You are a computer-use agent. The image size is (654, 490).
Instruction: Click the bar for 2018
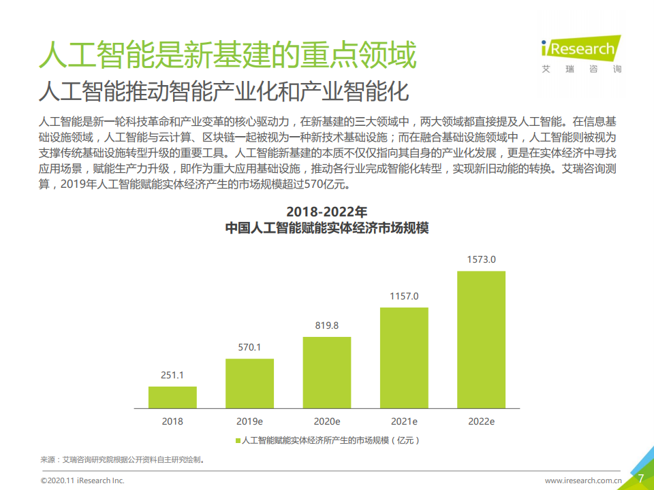coord(172,397)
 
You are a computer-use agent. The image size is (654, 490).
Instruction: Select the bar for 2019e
coord(249,383)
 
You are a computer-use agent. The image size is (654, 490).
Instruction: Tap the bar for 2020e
coord(327,372)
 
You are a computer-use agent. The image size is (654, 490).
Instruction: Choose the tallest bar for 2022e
coord(481,340)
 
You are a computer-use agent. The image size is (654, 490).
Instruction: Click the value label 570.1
coord(249,348)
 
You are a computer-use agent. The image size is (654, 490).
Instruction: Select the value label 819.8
coord(327,326)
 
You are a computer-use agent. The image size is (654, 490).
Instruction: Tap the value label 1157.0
coord(404,297)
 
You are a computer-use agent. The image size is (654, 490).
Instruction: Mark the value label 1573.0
coord(481,260)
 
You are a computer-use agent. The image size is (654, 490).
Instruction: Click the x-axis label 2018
coord(172,421)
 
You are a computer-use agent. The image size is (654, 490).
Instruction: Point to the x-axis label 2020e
coord(327,421)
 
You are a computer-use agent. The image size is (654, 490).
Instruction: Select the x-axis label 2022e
coord(481,421)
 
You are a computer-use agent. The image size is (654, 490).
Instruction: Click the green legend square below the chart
coord(238,441)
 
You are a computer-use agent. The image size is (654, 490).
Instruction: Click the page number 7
coord(640,478)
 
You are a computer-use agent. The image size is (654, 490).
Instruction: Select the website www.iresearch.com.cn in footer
coord(583,480)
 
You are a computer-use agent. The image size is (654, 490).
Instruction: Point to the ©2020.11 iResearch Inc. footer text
coord(82,480)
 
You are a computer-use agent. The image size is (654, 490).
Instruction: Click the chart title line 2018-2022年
coord(327,211)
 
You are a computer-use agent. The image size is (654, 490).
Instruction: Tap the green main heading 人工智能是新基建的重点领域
coord(227,55)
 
